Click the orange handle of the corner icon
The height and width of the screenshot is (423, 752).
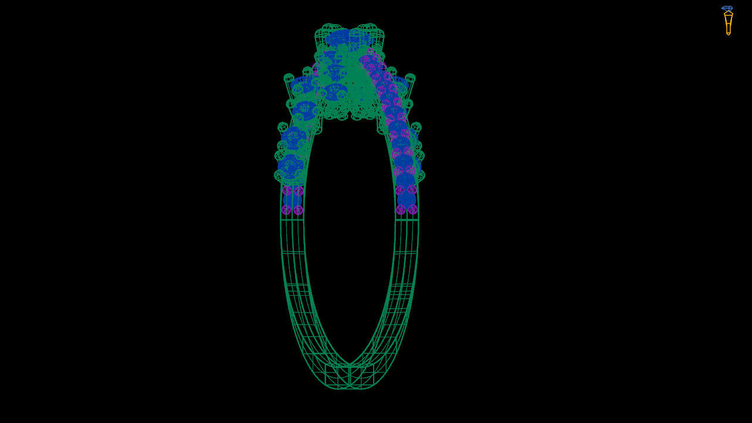(x=728, y=23)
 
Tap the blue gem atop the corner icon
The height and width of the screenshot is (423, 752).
(x=727, y=9)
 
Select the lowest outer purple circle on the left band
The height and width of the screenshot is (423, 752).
(x=286, y=209)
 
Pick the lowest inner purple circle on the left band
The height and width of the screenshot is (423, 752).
(x=298, y=209)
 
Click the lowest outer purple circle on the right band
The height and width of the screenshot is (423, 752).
(x=412, y=209)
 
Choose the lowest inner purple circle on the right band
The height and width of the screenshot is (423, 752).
(x=401, y=209)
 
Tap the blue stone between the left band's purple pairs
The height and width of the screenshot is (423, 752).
(x=292, y=200)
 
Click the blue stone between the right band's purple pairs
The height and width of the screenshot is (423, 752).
(x=407, y=199)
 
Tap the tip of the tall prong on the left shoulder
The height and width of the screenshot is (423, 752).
(x=289, y=78)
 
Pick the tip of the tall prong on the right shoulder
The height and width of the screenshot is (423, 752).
(x=410, y=78)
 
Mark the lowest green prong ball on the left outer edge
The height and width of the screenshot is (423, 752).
(x=279, y=175)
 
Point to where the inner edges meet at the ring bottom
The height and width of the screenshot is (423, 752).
(x=350, y=364)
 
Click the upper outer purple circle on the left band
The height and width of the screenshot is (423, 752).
(x=287, y=190)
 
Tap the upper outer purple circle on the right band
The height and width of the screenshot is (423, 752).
(x=412, y=189)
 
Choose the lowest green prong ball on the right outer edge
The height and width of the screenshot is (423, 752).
(x=419, y=175)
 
